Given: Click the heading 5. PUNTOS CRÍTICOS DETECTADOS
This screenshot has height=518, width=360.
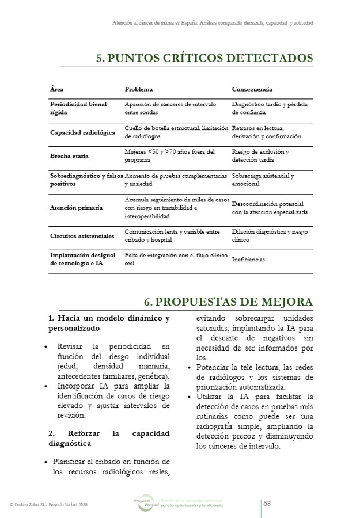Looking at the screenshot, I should click(204, 58).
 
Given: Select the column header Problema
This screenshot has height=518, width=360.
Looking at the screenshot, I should click(139, 89).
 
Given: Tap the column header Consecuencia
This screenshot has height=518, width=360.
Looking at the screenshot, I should click(252, 89).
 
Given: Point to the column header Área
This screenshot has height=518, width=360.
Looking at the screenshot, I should click(57, 89).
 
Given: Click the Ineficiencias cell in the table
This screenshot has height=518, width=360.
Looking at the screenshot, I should click(248, 260).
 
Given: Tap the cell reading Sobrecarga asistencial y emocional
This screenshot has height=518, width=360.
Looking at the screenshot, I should click(263, 180).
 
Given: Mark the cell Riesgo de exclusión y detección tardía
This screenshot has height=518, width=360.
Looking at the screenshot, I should click(260, 155).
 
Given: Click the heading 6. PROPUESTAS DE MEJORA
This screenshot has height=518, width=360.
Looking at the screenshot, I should click(228, 302).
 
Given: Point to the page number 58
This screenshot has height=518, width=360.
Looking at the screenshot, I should click(267, 504).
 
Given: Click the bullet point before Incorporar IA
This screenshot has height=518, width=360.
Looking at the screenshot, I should click(46, 386).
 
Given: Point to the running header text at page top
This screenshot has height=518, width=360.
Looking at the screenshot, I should click(213, 23).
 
